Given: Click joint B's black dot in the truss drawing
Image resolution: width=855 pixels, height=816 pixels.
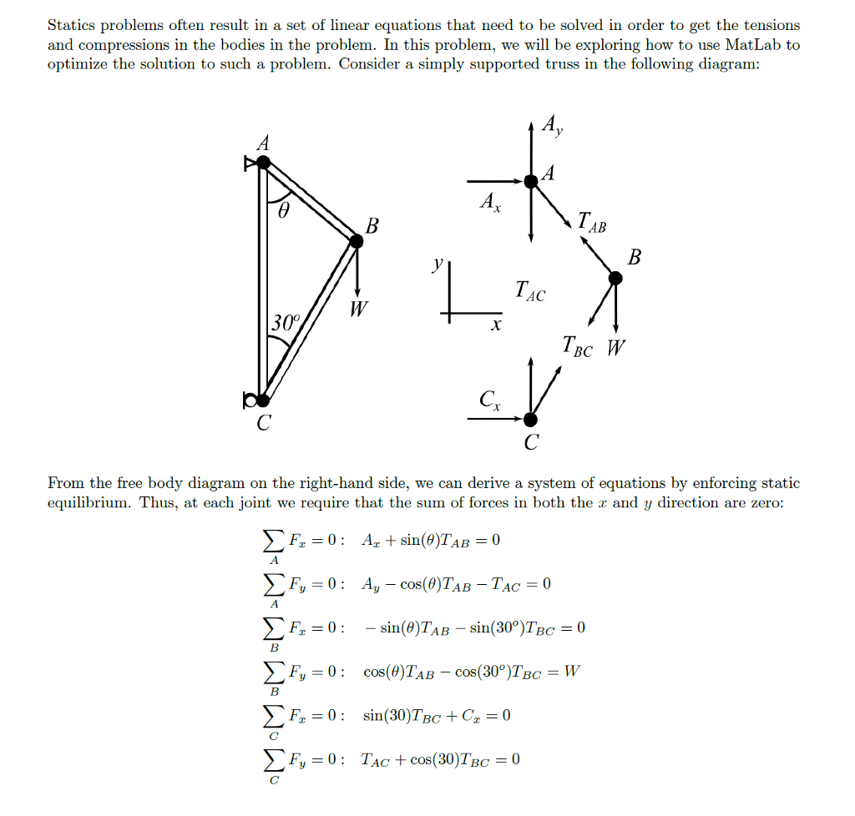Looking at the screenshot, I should pyautogui.click(x=357, y=241).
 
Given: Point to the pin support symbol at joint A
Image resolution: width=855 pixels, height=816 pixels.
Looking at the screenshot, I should pyautogui.click(x=250, y=164).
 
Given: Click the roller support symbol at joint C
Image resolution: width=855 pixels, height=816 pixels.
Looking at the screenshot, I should pyautogui.click(x=250, y=400).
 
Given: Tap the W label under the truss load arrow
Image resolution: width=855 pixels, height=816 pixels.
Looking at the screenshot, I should pyautogui.click(x=357, y=310).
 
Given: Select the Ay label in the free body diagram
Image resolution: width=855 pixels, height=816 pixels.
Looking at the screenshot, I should pyautogui.click(x=552, y=125).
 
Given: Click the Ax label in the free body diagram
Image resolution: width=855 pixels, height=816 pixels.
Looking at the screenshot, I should pyautogui.click(x=490, y=202).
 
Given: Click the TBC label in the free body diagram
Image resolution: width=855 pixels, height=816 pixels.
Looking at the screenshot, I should pyautogui.click(x=578, y=345).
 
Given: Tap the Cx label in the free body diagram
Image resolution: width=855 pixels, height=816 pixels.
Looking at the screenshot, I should pyautogui.click(x=490, y=401).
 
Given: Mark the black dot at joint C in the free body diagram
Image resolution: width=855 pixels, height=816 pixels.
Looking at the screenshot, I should pyautogui.click(x=530, y=419).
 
